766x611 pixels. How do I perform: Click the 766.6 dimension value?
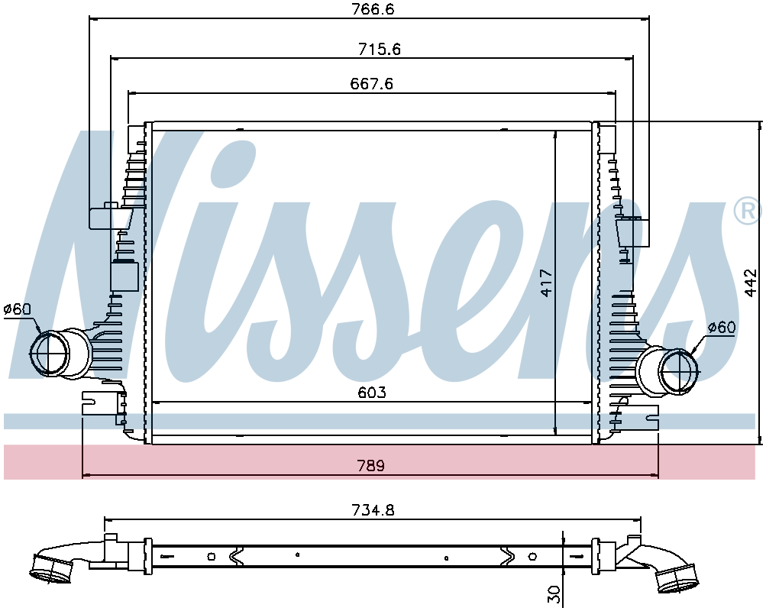coord(373,9)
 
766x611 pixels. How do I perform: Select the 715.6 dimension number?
coord(380,49)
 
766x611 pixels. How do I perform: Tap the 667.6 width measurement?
coord(372,83)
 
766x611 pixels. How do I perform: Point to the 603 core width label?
coord(372,393)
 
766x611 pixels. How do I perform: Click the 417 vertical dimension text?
coord(546,283)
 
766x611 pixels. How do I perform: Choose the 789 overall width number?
coord(371,465)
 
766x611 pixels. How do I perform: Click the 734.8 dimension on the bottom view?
coord(373,510)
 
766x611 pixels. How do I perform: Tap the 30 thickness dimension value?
coord(554,594)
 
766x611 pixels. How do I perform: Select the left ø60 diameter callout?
coord(17,309)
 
